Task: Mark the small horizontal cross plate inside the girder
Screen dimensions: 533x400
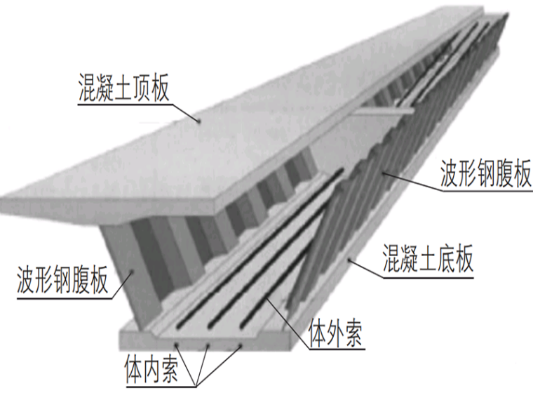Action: [379, 111]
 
